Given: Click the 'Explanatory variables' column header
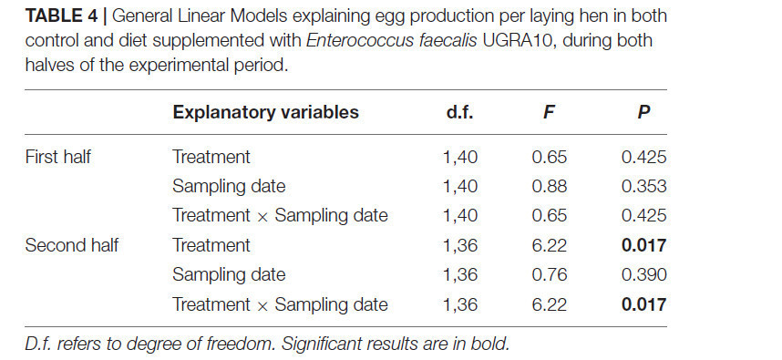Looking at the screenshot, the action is tap(265, 112).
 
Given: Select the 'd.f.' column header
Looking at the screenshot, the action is tap(459, 112).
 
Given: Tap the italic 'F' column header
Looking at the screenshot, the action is tap(549, 112).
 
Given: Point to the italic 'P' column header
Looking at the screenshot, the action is tap(643, 112).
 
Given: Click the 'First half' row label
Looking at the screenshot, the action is tap(57, 157).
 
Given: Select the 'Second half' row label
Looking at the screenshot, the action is tap(72, 245).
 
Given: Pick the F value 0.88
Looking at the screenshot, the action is tap(549, 187).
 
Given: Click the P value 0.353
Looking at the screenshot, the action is tap(643, 187).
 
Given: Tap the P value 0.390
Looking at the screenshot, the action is tap(643, 274).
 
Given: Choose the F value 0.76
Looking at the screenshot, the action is tap(549, 274).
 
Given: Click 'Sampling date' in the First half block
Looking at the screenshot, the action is tap(229, 187).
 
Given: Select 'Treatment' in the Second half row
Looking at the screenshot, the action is tap(211, 245).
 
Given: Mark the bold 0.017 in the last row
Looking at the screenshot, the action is tap(643, 304).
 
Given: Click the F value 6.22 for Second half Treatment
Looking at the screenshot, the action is tap(549, 245).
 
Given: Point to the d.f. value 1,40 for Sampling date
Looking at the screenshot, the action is tap(460, 187).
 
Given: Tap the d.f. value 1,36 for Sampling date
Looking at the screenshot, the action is tap(460, 274).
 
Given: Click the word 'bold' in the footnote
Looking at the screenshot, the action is tap(487, 344).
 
